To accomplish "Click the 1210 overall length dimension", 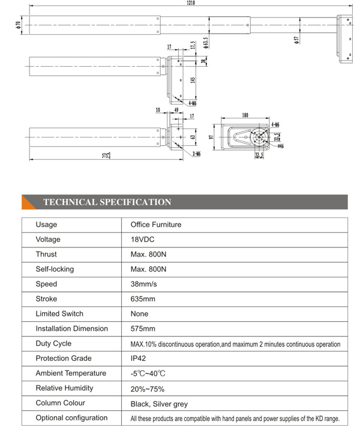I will [190, 3].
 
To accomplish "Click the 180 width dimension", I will [245, 115].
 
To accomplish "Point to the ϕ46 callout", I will [280, 146].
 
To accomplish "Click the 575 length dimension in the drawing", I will [106, 156].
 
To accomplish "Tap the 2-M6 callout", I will [196, 154].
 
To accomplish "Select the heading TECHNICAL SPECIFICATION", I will [107, 202].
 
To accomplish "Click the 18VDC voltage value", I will [142, 240].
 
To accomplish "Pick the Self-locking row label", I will [55, 269].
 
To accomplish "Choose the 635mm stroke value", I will [143, 299].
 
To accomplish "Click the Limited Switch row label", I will [59, 313].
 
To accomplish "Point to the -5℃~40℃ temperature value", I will [148, 374].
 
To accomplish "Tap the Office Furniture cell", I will [156, 225].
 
